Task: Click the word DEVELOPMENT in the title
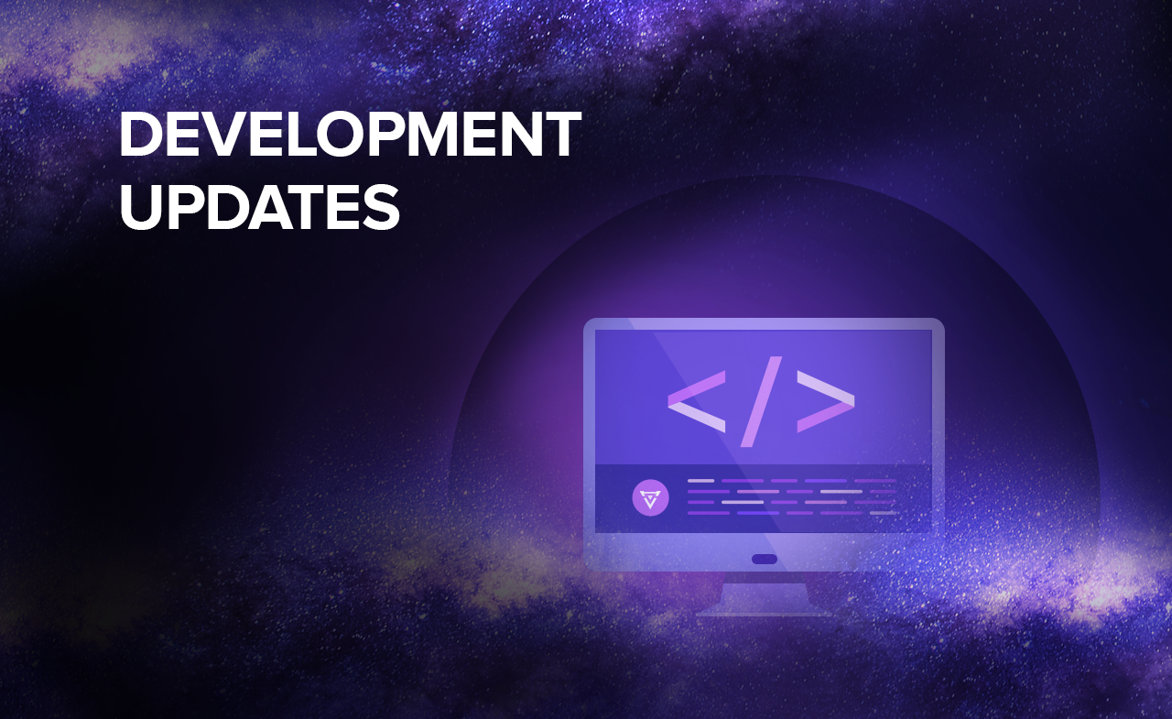tap(350, 134)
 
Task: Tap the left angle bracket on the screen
tap(697, 401)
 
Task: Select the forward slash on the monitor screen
tap(761, 402)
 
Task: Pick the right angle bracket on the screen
tap(826, 401)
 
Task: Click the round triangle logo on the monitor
tap(650, 497)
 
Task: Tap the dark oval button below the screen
tap(764, 560)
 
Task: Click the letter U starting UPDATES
tap(140, 207)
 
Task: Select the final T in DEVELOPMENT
tap(561, 134)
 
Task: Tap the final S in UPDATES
tap(383, 207)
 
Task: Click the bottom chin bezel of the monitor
tap(764, 551)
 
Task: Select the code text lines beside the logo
tap(793, 496)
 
